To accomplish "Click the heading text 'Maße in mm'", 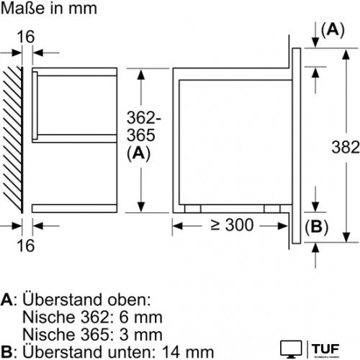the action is pos(49,9).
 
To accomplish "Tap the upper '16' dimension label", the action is pos(26,37).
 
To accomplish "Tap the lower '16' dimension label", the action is pos(26,246).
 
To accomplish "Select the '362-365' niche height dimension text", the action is pos(144,127).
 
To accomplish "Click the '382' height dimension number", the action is pos(346,147).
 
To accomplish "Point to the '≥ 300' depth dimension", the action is pos(232,225).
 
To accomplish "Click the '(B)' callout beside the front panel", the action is pos(316,227).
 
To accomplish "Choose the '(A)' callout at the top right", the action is pos(333,30).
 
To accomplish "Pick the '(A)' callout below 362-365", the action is pos(138,153).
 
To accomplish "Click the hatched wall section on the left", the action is pos(13,140).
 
